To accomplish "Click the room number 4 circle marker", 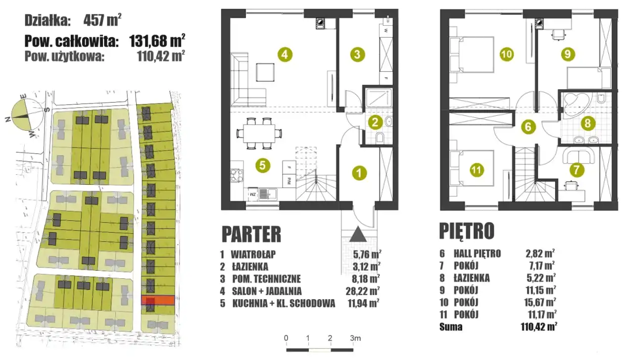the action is click(x=285, y=54).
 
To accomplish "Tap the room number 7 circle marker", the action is click(x=577, y=170).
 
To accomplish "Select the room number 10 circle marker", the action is click(x=506, y=54).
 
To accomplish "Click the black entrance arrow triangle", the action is click(x=358, y=234).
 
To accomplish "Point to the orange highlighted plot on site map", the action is click(x=158, y=300).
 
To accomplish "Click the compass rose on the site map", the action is click(x=21, y=116).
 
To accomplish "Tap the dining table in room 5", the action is click(x=259, y=133).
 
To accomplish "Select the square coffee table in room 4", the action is click(x=265, y=72).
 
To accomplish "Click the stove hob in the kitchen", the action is click(x=237, y=175).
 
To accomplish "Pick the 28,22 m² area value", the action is click(x=363, y=291).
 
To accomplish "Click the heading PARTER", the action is click(x=251, y=234).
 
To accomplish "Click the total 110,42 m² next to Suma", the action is click(x=539, y=327).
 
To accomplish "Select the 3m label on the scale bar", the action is click(x=355, y=338).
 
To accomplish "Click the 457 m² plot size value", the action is click(x=102, y=20).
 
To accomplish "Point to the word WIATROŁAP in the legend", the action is click(x=253, y=254).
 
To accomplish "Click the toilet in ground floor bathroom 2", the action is click(x=380, y=138).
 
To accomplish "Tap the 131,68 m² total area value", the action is click(x=157, y=41).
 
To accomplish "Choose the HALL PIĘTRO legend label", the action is click(x=477, y=254).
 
